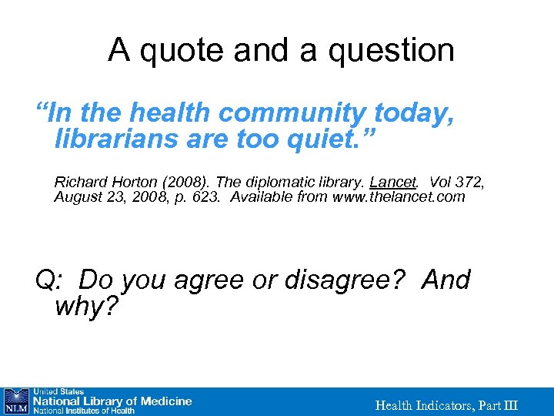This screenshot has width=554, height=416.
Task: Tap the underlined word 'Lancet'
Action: click(x=393, y=183)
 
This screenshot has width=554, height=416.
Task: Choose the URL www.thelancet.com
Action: click(x=399, y=196)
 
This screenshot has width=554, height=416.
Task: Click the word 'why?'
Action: click(x=87, y=307)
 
